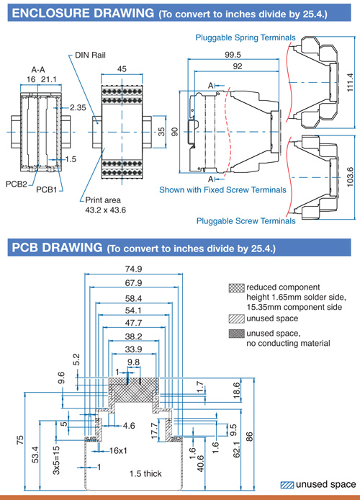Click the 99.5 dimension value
[x=233, y=55]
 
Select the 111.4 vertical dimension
[x=350, y=82]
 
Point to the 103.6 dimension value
[x=350, y=177]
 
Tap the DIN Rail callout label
[x=90, y=55]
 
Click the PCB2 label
[x=17, y=184]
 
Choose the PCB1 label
[x=47, y=189]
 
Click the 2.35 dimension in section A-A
[x=78, y=108]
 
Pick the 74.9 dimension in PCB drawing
[x=133, y=269]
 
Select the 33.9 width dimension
[x=133, y=349]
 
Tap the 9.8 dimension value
[x=133, y=362]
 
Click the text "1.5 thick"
[x=145, y=473]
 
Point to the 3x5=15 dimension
[x=56, y=460]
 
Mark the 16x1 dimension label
[x=118, y=450]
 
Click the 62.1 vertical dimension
[x=236, y=447]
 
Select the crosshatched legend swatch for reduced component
[x=237, y=288]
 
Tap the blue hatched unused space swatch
[x=287, y=485]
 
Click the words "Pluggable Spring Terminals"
[x=246, y=37]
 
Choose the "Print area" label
[x=103, y=200]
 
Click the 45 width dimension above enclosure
[x=122, y=69]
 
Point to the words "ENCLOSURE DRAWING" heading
[x=83, y=13]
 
